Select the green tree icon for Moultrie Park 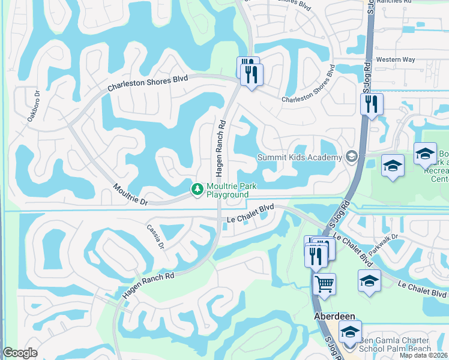pos(196,189)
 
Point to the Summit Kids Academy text pos(299,157)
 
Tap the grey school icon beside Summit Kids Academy pos(351,157)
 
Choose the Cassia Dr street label pos(155,237)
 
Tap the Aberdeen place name pos(334,316)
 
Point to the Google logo pos(20,353)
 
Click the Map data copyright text pos(424,355)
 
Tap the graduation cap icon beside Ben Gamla pos(350,331)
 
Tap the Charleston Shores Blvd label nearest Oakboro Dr pos(147,83)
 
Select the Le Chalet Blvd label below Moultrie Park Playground pos(251,214)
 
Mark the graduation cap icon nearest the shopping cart pos(369,280)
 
